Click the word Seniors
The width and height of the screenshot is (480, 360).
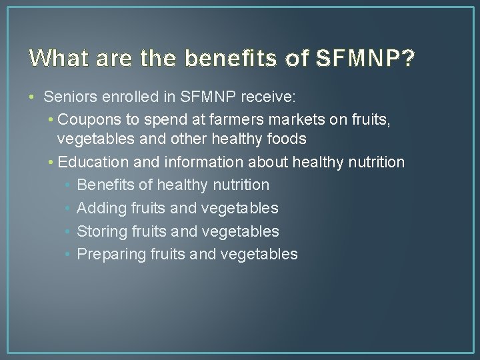pos(68,97)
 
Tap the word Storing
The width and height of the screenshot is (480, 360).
pos(103,231)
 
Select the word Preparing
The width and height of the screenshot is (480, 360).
pos(110,254)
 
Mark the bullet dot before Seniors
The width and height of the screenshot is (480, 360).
pos(33,97)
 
